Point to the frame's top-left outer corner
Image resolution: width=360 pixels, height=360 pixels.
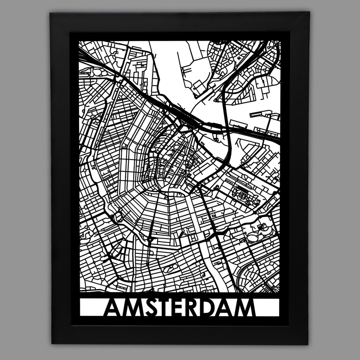pyautogui.click(x=50, y=13)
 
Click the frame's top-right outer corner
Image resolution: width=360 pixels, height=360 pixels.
pyautogui.click(x=310, y=12)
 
